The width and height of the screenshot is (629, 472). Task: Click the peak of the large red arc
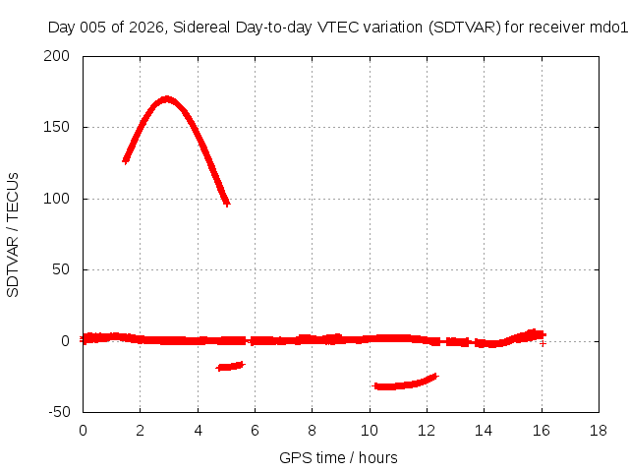(x=166, y=99)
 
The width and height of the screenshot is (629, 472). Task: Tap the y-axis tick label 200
(x=57, y=56)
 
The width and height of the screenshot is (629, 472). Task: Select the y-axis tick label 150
(x=57, y=127)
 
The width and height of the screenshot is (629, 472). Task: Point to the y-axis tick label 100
(x=57, y=199)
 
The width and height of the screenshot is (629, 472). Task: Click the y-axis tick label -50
(x=59, y=412)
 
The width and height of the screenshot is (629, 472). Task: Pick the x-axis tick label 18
(x=599, y=431)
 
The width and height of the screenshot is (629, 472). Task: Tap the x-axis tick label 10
(x=370, y=431)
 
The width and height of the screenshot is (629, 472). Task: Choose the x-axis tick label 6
(x=255, y=431)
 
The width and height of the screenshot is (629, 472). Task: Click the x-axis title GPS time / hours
(x=338, y=457)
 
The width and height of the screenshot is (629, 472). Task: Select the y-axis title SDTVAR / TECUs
(x=13, y=235)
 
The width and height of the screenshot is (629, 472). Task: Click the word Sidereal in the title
(x=201, y=28)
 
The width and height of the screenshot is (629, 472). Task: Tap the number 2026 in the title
(x=146, y=28)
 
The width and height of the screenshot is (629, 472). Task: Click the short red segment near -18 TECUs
(x=230, y=366)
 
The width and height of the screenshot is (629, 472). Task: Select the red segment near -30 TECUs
(x=405, y=383)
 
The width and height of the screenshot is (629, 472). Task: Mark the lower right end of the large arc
(x=227, y=204)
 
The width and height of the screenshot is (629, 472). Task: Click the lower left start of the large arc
(x=126, y=160)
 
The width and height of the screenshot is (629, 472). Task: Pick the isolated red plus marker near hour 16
(x=543, y=343)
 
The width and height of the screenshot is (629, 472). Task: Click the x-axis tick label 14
(x=484, y=431)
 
